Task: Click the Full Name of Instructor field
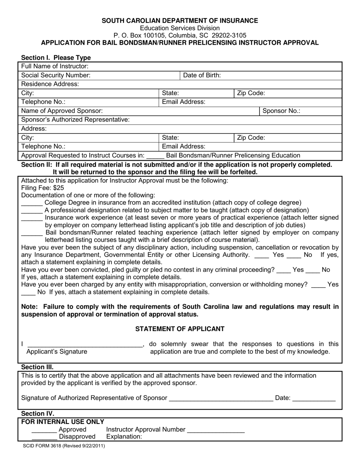click(x=212, y=66)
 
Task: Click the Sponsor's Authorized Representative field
click(x=235, y=120)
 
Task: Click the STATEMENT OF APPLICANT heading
click(x=180, y=329)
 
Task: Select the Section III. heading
click(x=37, y=367)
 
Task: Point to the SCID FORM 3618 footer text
click(x=63, y=446)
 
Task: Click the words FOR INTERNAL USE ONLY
click(x=63, y=422)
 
